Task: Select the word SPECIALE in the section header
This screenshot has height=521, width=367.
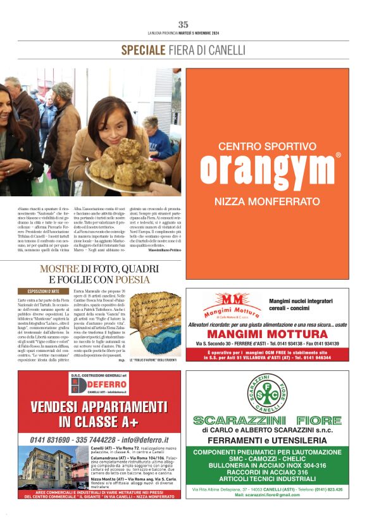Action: pyautogui.click(x=143, y=50)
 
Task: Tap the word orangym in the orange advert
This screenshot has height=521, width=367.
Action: pyautogui.click(x=266, y=169)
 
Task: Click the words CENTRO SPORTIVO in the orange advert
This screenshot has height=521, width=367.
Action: pyautogui.click(x=266, y=146)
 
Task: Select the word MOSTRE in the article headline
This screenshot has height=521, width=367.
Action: pyautogui.click(x=59, y=269)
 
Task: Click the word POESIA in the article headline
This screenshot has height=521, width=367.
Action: pyautogui.click(x=132, y=279)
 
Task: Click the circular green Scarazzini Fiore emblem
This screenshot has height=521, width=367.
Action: pyautogui.click(x=266, y=394)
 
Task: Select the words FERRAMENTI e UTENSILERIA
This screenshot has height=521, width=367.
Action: pyautogui.click(x=266, y=441)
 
